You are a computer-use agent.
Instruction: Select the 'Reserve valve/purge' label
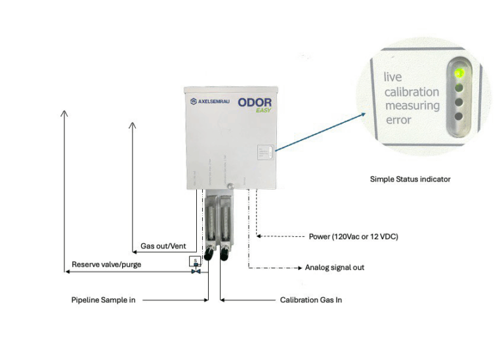coord(106,264)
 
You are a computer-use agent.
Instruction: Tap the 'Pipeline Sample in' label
coord(103,300)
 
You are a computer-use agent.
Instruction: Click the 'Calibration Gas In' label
coord(311,300)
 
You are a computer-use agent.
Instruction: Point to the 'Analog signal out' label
coord(334,268)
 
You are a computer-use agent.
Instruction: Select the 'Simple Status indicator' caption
coord(410,179)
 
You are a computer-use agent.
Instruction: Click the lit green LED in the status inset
coord(459,73)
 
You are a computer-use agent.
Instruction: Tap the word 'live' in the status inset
coord(393,77)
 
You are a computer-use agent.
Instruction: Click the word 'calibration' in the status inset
coord(412,92)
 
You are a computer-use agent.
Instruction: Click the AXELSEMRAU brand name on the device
coord(215,102)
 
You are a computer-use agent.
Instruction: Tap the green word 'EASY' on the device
coord(264,111)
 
